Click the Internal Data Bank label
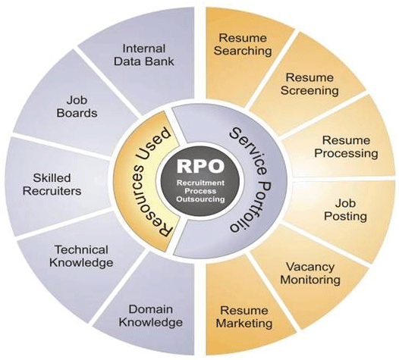144,55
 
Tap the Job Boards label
77,107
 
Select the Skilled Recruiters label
52,185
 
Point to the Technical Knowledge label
81,256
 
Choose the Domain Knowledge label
151,316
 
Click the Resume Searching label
243,45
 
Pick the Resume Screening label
309,84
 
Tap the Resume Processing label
346,147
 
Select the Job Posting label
345,210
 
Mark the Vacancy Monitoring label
310,274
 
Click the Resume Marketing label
244,317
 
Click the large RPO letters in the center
200,166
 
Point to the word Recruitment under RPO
201,183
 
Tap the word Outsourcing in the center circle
201,199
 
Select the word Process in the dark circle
200,191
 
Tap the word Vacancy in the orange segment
310,268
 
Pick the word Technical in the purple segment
81,250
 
